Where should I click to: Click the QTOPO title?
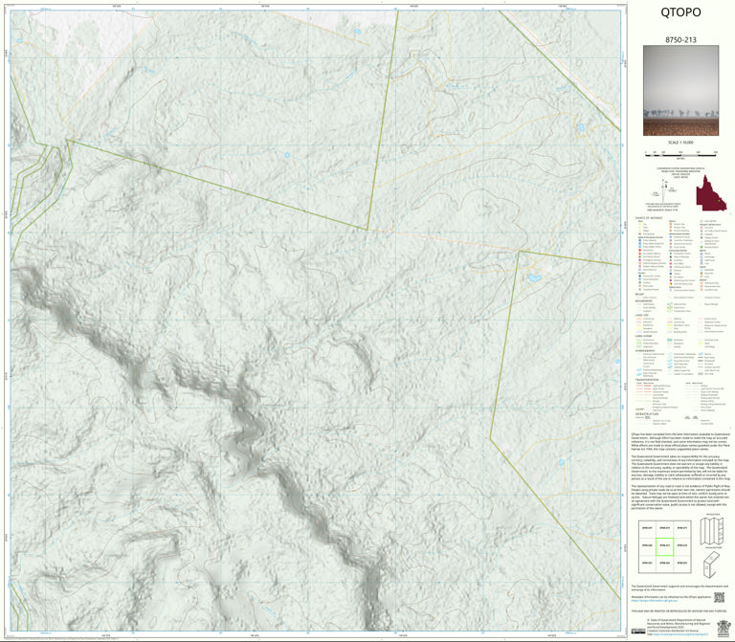tap(680, 13)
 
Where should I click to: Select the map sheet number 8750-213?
tap(680, 40)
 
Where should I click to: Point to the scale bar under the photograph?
tap(680, 152)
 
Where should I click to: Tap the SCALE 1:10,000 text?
tap(680, 143)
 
